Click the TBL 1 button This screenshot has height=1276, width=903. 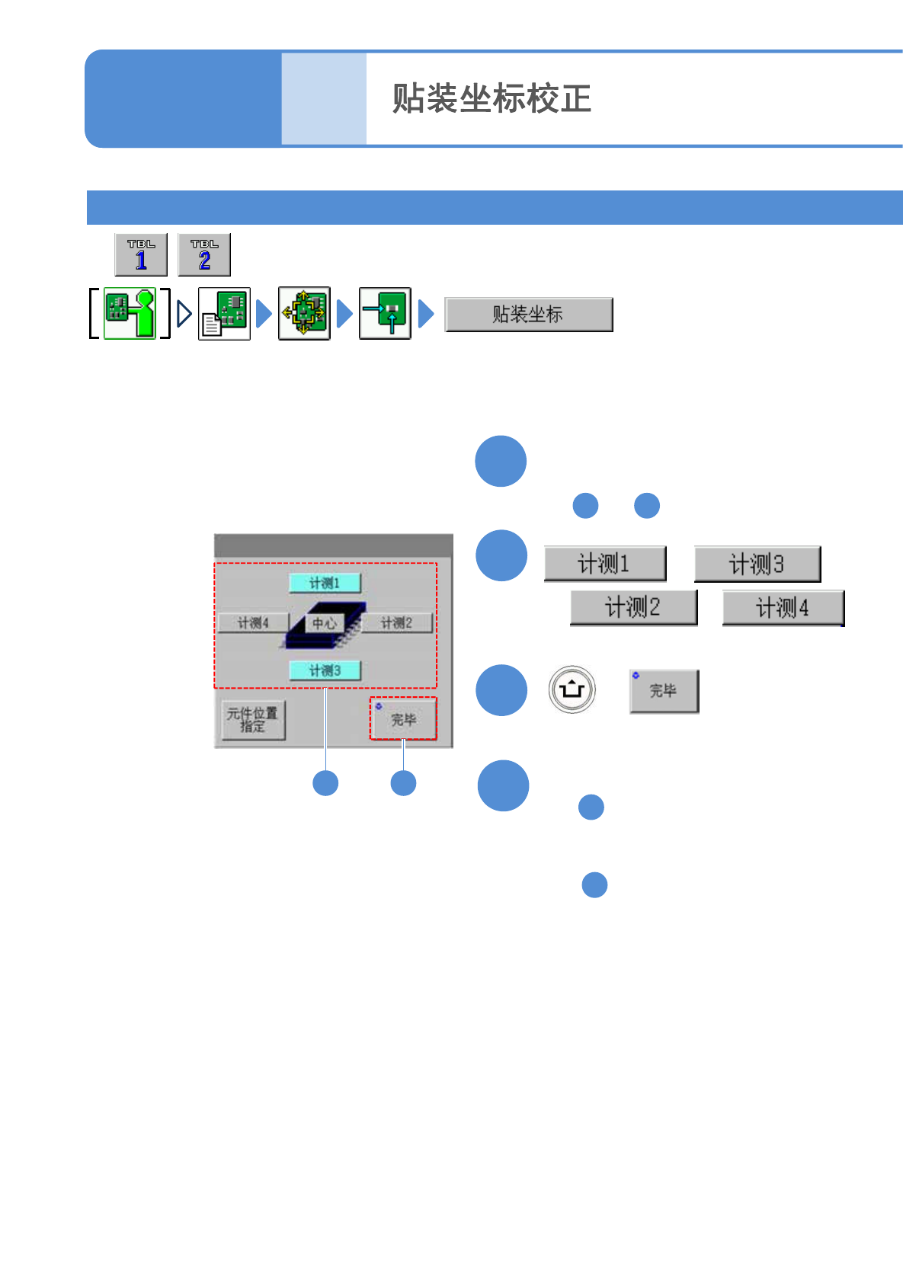[x=141, y=254]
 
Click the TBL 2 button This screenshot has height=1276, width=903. [x=204, y=254]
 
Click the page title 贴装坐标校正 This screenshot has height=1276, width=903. [x=492, y=99]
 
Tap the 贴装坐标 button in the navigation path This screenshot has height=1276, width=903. [x=528, y=314]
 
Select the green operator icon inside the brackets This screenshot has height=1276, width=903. [x=130, y=313]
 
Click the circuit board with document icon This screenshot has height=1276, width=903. [x=224, y=313]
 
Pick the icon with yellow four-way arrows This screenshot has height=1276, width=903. [x=304, y=313]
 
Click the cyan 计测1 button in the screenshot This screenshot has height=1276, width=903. [x=325, y=583]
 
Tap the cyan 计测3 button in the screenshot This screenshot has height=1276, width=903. [x=325, y=670]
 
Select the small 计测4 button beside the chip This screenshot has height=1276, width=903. [x=253, y=623]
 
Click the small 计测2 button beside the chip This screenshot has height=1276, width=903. [x=396, y=623]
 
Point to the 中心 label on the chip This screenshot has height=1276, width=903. [x=324, y=623]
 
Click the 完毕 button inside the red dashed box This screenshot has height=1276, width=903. [x=403, y=718]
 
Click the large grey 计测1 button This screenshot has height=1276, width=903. [x=604, y=564]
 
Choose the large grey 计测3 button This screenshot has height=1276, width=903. [x=757, y=564]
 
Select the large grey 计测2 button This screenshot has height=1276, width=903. [x=633, y=608]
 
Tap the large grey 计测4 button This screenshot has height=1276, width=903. [x=783, y=608]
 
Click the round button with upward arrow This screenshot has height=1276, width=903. [x=572, y=690]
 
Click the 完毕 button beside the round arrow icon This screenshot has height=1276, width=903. [x=664, y=691]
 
